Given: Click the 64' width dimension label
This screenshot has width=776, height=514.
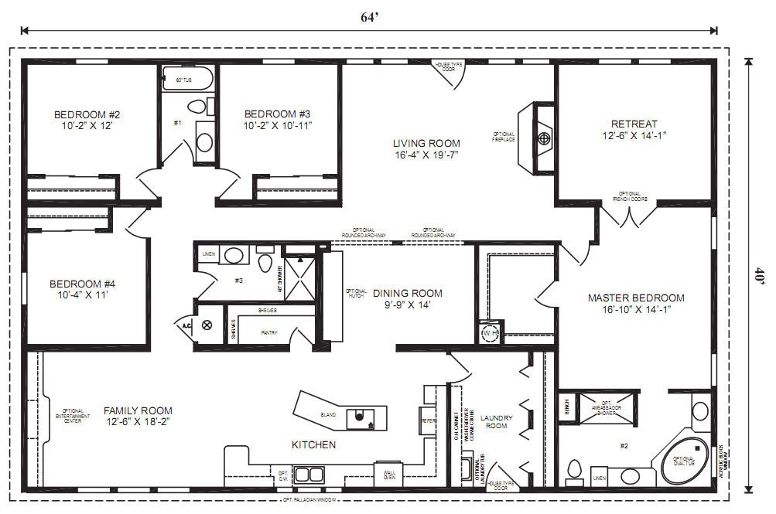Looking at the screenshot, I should click(368, 18).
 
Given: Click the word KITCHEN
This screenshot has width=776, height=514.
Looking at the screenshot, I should click(313, 444).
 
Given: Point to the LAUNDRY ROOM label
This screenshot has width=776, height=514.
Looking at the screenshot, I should click(496, 421).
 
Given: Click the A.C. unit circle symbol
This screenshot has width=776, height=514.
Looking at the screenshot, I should click(207, 325).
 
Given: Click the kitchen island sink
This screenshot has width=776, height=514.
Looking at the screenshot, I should click(360, 417).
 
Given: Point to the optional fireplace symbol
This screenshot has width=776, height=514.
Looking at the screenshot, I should click(544, 138).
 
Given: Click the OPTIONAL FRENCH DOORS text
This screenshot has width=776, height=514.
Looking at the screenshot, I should click(628, 196).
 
